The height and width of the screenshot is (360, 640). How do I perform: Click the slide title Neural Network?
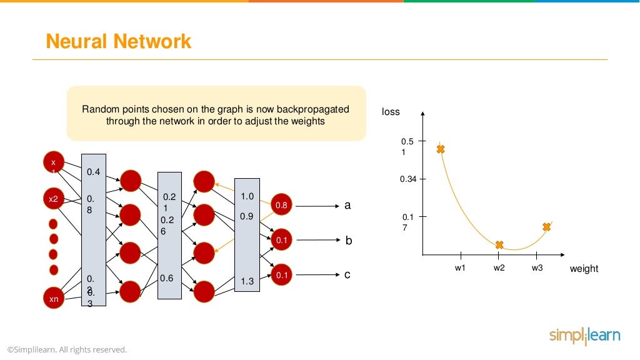click(119, 41)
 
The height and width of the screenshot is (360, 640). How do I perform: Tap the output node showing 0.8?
click(281, 205)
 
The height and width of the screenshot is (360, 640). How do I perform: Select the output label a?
click(347, 205)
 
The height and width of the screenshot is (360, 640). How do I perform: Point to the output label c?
click(347, 274)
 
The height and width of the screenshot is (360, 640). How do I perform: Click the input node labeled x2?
click(54, 199)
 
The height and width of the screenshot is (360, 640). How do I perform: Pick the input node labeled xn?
click(54, 299)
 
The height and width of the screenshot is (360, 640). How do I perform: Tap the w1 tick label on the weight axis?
click(460, 268)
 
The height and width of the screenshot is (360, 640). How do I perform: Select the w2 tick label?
click(499, 268)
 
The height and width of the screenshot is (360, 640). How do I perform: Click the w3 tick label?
click(537, 268)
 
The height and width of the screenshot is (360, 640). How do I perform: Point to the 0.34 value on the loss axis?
click(408, 179)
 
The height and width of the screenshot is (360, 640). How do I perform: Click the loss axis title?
click(391, 112)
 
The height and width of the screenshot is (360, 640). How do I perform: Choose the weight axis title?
click(584, 269)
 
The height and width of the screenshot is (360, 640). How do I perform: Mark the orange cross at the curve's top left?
click(441, 149)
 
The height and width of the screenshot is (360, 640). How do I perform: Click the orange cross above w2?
click(499, 245)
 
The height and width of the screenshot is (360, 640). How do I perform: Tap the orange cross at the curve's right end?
click(547, 227)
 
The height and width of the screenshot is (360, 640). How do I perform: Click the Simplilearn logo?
click(584, 336)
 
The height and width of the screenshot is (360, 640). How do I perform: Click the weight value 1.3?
click(247, 282)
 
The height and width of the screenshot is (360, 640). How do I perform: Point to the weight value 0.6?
click(166, 278)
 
